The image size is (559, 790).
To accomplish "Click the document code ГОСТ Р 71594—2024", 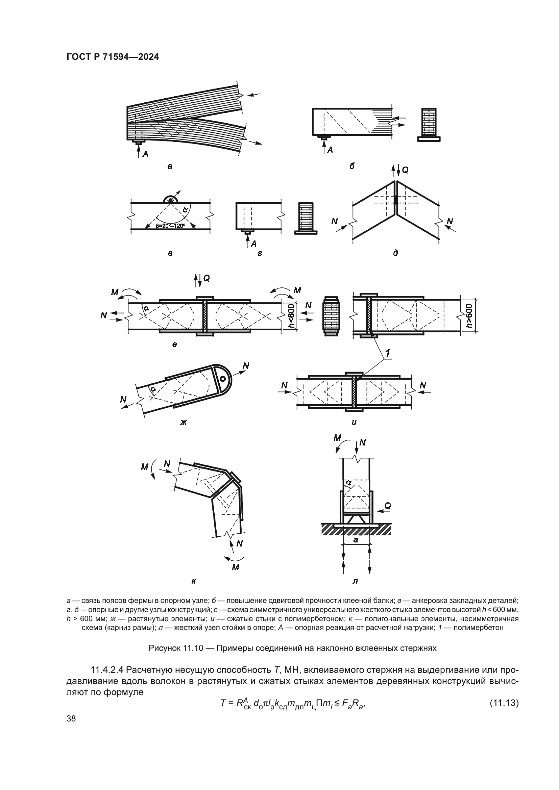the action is [x=113, y=57].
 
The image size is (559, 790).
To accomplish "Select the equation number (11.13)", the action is [x=504, y=703].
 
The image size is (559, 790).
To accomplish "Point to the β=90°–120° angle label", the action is [x=170, y=226].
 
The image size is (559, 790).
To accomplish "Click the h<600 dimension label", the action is [x=292, y=316].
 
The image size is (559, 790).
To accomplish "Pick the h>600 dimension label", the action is [x=469, y=315].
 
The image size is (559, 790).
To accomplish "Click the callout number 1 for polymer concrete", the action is [x=388, y=353].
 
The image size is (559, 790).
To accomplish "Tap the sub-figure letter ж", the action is [x=183, y=422].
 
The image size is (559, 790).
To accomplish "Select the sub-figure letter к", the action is [x=194, y=582].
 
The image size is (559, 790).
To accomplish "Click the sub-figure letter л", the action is [x=355, y=582].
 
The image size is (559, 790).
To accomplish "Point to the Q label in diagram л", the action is [x=388, y=506].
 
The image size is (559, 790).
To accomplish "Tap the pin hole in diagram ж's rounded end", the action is [x=222, y=379].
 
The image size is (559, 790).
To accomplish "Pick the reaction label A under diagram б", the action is [x=330, y=150].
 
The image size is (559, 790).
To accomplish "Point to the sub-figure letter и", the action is [x=354, y=422].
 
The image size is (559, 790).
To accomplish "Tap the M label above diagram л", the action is [x=337, y=438].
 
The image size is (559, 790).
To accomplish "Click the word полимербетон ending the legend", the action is [x=479, y=628].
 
